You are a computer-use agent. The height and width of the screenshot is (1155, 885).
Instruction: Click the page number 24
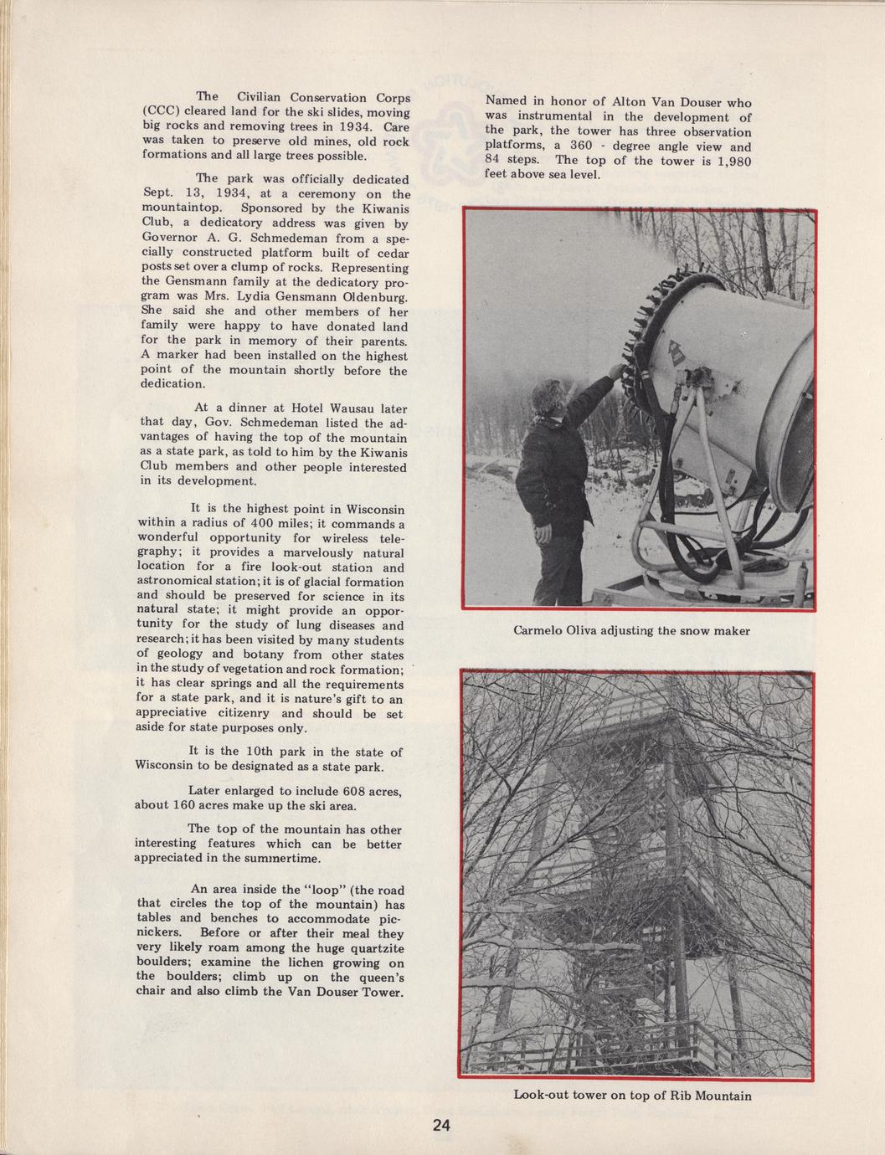click(x=442, y=1125)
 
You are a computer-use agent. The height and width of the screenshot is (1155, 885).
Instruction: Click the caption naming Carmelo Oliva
click(x=631, y=630)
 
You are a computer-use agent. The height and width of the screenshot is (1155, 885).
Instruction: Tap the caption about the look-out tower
click(x=632, y=1095)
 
